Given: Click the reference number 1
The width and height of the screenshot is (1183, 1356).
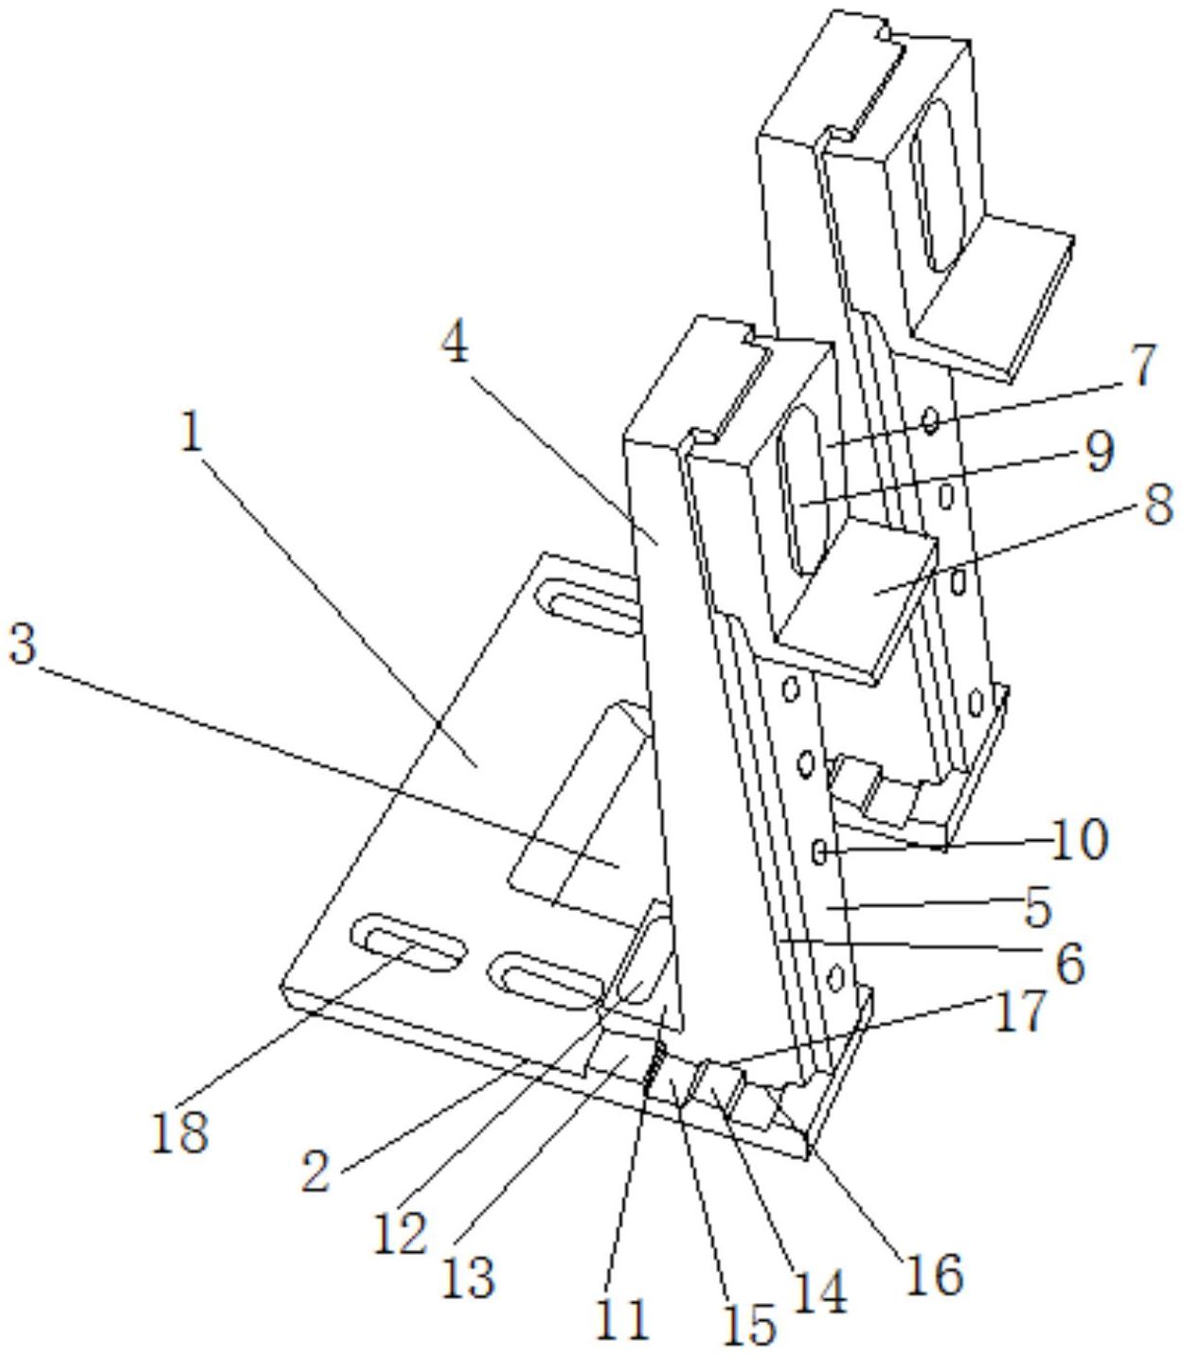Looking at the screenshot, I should pyautogui.click(x=192, y=433).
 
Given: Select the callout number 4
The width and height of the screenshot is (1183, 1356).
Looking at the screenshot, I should pyautogui.click(x=456, y=345).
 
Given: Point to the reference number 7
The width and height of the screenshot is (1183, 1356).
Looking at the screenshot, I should pyautogui.click(x=1143, y=365).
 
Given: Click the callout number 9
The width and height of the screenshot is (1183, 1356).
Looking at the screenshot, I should pyautogui.click(x=1099, y=453).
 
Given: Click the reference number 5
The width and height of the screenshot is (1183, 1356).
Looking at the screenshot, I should pyautogui.click(x=1038, y=907).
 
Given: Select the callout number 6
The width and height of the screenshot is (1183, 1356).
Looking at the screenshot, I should pyautogui.click(x=1068, y=963).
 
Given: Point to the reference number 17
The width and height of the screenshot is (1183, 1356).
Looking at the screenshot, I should pyautogui.click(x=1020, y=1010).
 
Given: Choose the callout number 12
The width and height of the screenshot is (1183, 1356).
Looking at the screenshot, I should pyautogui.click(x=399, y=1234).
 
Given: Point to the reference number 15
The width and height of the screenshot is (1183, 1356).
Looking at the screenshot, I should pyautogui.click(x=748, y=1323).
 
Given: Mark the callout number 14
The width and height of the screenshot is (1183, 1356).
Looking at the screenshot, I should pyautogui.click(x=819, y=1290).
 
